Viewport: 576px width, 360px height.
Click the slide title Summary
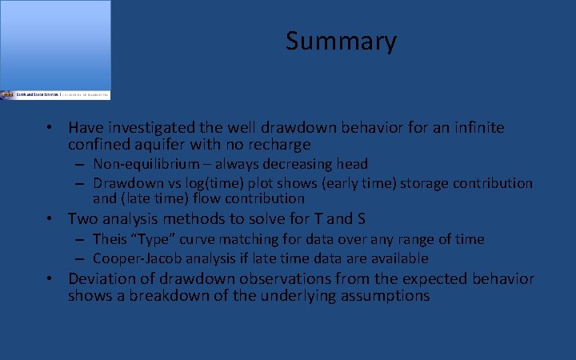pyautogui.click(x=341, y=41)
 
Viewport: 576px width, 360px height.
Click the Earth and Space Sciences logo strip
pyautogui.click(x=55, y=94)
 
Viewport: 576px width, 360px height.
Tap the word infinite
pyautogui.click(x=476, y=128)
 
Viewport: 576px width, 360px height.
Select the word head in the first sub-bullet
pyautogui.click(x=352, y=164)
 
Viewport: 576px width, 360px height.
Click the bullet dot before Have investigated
pyautogui.click(x=50, y=128)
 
